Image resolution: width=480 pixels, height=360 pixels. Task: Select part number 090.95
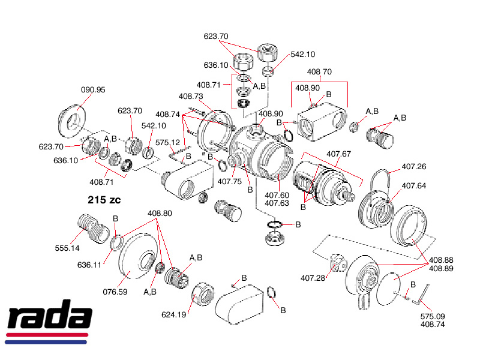[x=93, y=90]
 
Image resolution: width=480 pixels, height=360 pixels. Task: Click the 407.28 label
[x=313, y=277]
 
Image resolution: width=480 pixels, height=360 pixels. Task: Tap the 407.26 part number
[x=413, y=167]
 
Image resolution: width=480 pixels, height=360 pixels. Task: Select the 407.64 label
[x=413, y=185]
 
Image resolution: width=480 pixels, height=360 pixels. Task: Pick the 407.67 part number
[x=338, y=154]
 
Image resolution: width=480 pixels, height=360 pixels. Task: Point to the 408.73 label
[x=191, y=96]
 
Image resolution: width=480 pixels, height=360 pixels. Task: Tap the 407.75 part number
[x=229, y=181]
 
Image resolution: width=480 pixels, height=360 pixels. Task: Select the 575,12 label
[x=168, y=142]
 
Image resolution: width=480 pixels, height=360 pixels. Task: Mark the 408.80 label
[x=160, y=213]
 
